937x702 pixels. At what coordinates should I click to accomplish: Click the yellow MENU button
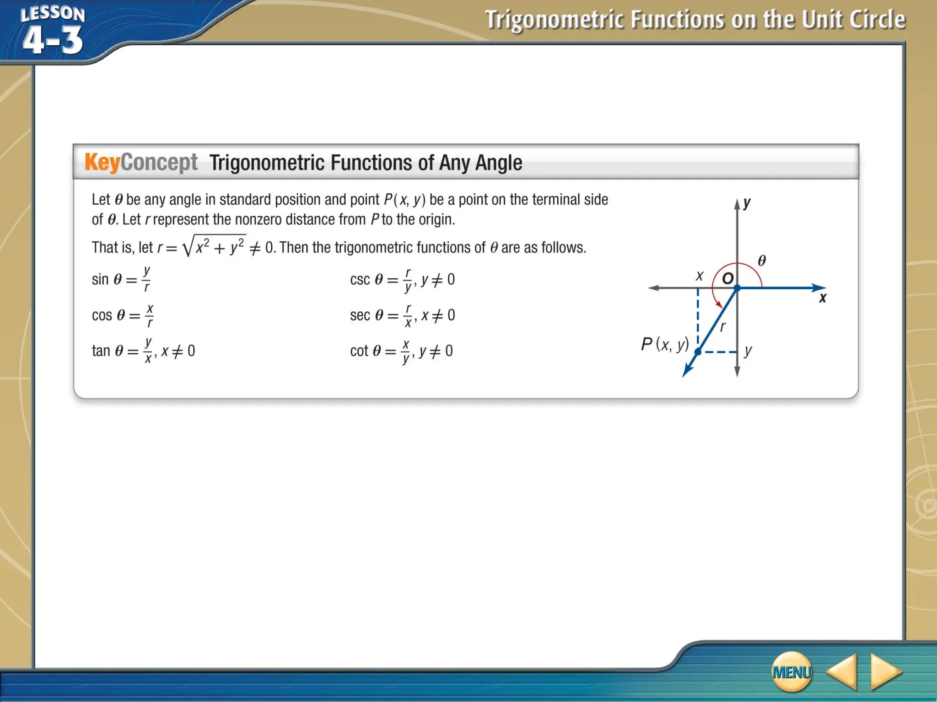(792, 671)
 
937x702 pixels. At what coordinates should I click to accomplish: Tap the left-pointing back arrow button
(842, 671)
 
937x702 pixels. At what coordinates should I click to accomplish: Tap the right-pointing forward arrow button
(885, 671)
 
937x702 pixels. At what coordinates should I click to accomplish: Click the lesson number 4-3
(53, 40)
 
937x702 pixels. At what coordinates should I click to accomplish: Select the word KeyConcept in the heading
(141, 162)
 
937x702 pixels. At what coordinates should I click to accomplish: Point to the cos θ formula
(123, 315)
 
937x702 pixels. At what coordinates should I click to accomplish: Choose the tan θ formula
(143, 351)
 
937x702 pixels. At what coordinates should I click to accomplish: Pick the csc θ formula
(402, 279)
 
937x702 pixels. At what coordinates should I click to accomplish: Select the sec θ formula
(402, 315)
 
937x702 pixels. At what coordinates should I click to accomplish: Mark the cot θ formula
(401, 351)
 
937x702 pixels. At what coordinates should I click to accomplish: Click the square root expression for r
(214, 246)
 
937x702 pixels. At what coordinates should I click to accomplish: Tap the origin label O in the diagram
(727, 278)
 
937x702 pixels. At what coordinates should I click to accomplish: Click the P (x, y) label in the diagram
(665, 344)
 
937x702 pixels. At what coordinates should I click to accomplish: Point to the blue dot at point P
(698, 352)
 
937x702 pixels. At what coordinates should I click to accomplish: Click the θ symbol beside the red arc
(762, 261)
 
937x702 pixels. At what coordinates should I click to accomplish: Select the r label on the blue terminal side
(723, 327)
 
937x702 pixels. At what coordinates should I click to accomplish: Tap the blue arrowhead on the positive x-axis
(819, 287)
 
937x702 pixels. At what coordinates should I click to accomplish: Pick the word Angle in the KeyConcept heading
(499, 163)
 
